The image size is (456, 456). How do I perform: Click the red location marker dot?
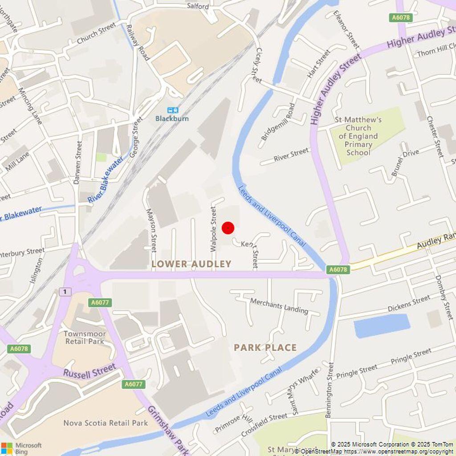[x=228, y=228]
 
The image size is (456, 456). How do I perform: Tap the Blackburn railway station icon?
[x=172, y=110]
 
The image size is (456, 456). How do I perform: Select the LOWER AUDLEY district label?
[x=191, y=264]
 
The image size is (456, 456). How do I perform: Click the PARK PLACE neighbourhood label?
[x=265, y=347]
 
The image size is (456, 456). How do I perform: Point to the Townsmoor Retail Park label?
[x=85, y=338]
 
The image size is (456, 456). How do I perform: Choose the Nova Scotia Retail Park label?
[x=106, y=423]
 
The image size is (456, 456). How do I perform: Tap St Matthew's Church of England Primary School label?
[x=358, y=136]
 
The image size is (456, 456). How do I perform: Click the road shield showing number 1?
[x=65, y=292]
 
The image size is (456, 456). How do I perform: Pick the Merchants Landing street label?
[x=279, y=306]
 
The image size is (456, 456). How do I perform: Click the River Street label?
[x=291, y=155]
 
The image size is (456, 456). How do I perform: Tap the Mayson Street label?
[x=151, y=230]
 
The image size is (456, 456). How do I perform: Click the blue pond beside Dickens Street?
[x=382, y=326]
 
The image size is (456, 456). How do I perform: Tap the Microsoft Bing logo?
[x=21, y=448]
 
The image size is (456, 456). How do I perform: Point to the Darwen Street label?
[x=79, y=163]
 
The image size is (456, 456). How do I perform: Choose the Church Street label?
[x=96, y=34]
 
